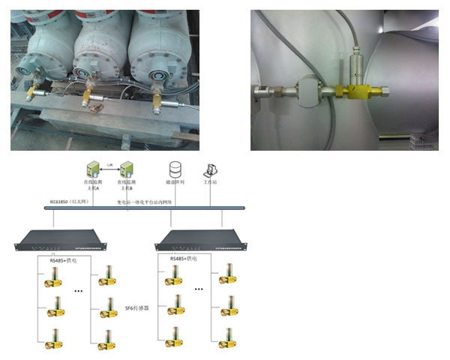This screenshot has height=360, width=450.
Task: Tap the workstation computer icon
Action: pyautogui.click(x=211, y=169)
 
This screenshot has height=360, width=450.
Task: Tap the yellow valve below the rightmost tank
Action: pyautogui.click(x=157, y=100)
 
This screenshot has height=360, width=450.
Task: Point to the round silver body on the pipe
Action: pyautogui.click(x=308, y=91)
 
